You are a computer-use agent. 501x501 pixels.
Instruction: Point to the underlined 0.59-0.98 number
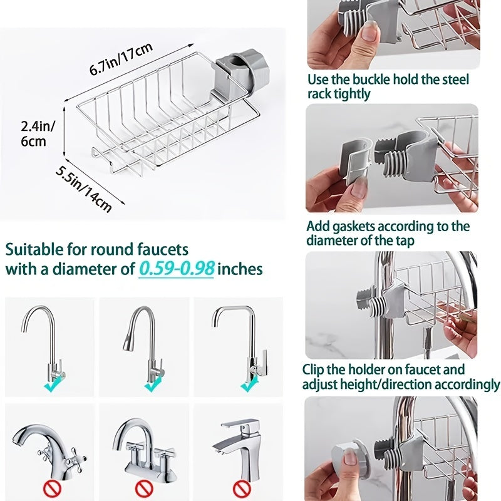coord(177,269)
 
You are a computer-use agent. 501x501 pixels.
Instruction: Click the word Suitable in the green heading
coord(34,249)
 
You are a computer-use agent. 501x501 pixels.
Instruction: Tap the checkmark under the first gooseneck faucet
coord(50,387)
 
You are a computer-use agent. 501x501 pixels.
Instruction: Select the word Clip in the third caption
coord(315,369)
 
